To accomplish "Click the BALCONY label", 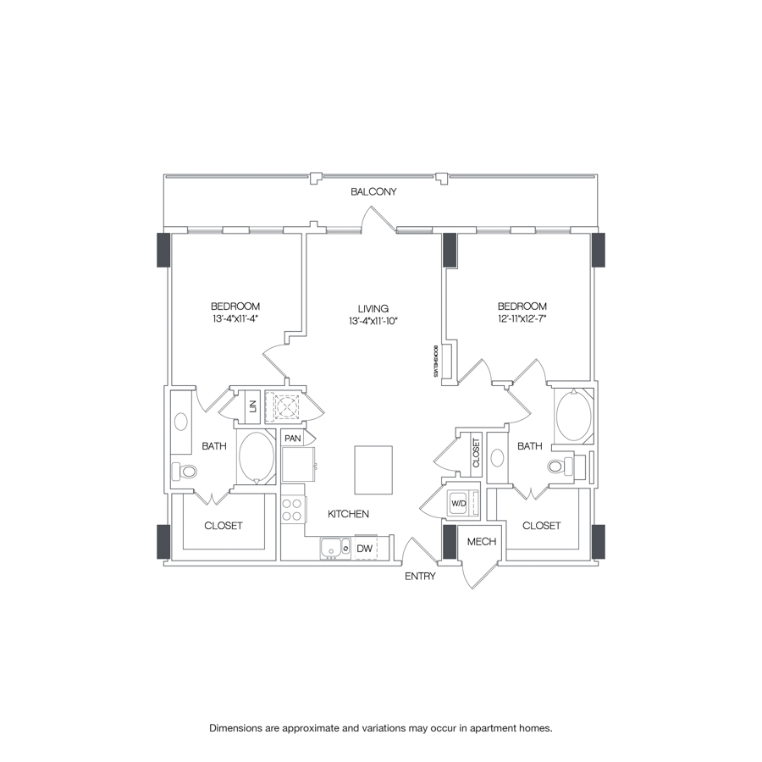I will pos(373,192).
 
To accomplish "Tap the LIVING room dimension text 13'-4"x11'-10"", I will pos(373,321).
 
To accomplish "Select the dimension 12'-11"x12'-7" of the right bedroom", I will pos(522,318).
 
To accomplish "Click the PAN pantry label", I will pos(293,439).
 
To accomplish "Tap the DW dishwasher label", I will pos(364,549).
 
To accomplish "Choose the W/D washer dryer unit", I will pos(459,503).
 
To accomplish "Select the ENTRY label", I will pos(420,577).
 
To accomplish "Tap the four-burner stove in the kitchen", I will pos(292,509).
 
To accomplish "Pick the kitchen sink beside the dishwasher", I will pos(335,549).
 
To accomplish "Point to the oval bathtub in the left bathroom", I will pos(257,457).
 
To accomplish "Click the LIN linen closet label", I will pos(252,407).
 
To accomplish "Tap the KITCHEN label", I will pos(349,514).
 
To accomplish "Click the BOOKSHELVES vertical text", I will pos(433,361).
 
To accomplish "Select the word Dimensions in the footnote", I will pos(237,727).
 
